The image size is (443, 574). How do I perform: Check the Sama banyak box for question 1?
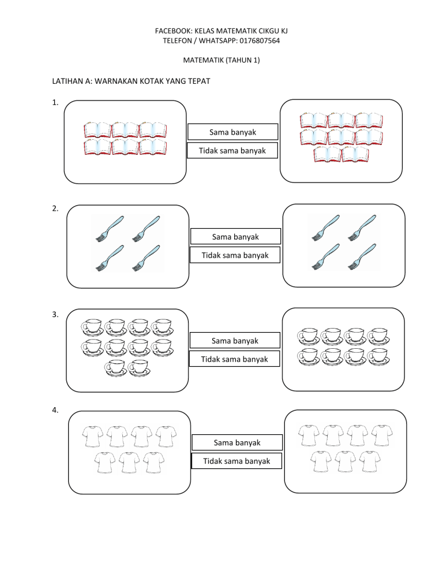(233, 133)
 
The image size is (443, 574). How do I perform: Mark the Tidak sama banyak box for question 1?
(233, 151)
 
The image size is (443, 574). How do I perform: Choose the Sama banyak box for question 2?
(235, 237)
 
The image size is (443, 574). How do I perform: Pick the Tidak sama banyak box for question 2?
(235, 255)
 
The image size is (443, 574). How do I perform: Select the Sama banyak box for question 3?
(235, 341)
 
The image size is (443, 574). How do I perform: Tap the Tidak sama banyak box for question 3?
(235, 359)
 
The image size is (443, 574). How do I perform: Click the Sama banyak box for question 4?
(236, 443)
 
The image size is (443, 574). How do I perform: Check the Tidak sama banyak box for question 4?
(236, 461)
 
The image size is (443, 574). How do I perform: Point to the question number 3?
(54, 315)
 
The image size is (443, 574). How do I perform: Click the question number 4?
(54, 411)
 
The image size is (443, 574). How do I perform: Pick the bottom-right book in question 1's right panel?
(355, 155)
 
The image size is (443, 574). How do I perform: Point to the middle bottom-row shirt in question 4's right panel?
(344, 462)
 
